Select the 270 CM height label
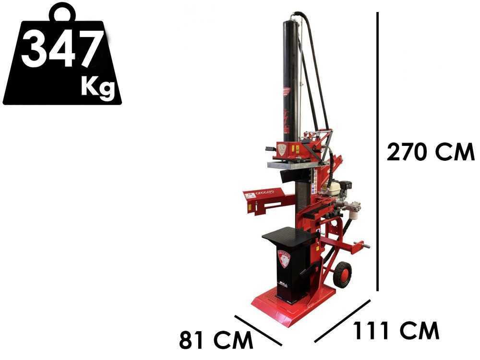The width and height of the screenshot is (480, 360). tap(430, 153)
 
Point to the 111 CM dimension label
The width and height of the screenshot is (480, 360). tap(396, 331)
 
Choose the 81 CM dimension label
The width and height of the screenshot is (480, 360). tap(216, 340)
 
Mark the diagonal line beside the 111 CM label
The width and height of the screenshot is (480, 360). tap(342, 321)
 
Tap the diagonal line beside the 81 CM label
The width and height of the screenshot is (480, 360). tap(258, 330)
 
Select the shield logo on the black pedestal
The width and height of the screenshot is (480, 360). tap(284, 259)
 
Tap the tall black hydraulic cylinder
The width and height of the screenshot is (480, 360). tap(290, 77)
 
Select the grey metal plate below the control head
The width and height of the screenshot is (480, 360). tap(290, 165)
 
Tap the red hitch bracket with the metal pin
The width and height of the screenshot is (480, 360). tap(357, 247)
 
